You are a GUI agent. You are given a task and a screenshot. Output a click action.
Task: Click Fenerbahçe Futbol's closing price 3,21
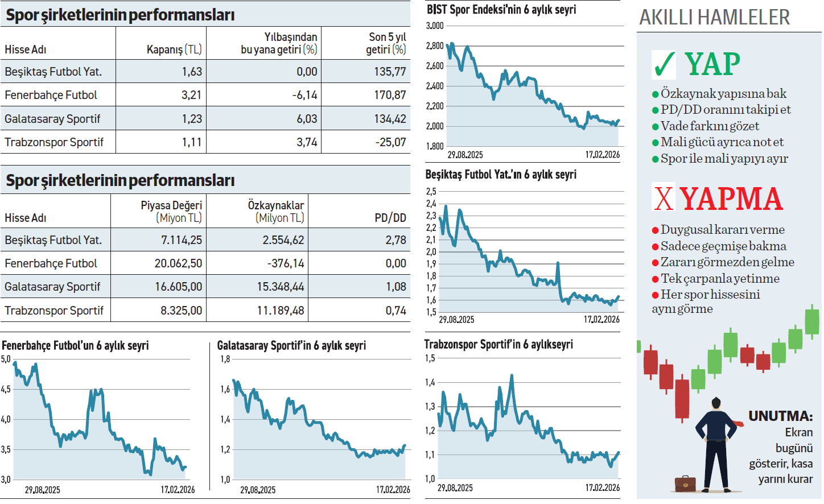[x=191, y=95]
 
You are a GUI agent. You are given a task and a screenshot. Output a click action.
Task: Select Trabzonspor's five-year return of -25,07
[x=390, y=142]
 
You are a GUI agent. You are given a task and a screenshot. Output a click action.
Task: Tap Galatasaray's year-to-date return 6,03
[x=307, y=119]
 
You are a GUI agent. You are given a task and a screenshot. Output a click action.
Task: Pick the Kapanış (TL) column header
[x=174, y=49]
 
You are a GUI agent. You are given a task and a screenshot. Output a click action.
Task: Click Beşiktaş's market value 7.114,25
[x=181, y=240]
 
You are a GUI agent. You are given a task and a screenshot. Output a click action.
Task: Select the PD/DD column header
[x=390, y=218]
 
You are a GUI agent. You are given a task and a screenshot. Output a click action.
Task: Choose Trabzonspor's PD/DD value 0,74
[x=395, y=311]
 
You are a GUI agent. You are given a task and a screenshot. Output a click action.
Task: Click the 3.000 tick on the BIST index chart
[x=435, y=26]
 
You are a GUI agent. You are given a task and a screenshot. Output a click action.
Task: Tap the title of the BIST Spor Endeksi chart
[x=501, y=10]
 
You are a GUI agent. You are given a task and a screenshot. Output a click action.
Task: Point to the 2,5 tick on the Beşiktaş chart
[x=431, y=192]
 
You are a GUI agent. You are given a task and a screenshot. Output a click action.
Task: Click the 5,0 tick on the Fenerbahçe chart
[x=6, y=359]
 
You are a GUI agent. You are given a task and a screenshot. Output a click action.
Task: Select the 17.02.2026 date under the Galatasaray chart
[x=393, y=490]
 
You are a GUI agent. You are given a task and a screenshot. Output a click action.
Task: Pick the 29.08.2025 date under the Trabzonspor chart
[x=455, y=488]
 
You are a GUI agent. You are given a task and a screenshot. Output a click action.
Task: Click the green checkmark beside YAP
[x=664, y=64]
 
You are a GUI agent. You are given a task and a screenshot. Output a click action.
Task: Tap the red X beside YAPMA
[x=664, y=199]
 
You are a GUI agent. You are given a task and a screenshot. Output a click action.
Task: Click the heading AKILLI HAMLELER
[x=714, y=18]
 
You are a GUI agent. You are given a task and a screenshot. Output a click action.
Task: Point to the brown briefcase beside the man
[x=685, y=484]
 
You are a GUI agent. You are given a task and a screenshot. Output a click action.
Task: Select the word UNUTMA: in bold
[x=780, y=416]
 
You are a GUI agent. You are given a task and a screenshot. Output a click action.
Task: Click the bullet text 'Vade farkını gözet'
[x=709, y=126]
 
